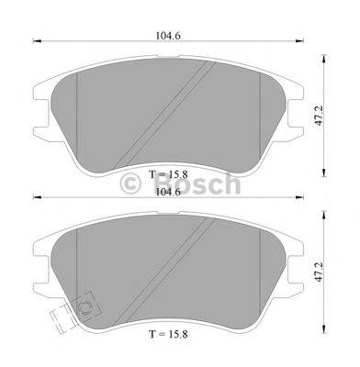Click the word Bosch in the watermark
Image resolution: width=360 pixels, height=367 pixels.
[x=203, y=186]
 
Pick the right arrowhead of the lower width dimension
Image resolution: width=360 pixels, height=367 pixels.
[x=298, y=197]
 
